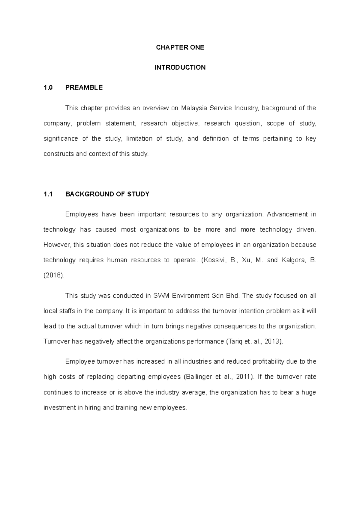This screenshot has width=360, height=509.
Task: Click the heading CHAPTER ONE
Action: pos(180,47)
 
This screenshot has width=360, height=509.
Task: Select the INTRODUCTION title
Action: pos(180,67)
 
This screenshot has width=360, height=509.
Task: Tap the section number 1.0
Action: pos(48,88)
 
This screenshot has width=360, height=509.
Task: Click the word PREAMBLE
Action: pos(84,88)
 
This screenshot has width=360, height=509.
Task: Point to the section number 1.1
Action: pos(48,194)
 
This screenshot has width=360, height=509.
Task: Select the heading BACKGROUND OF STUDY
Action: pos(107,194)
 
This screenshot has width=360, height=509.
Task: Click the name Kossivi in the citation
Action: pos(213,260)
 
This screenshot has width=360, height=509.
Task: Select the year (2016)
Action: pos(54,275)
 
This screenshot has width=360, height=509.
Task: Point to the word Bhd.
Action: pos(233,296)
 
